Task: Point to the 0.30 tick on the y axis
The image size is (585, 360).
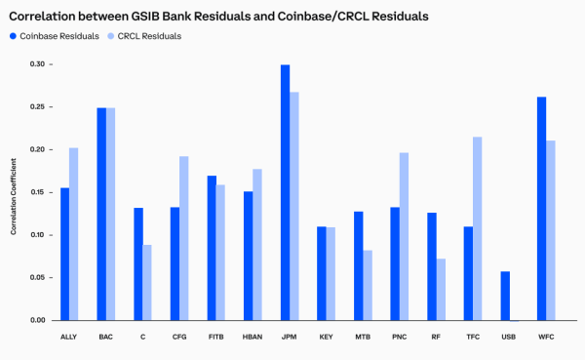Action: pos(35,64)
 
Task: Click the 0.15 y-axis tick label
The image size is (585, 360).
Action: pos(35,192)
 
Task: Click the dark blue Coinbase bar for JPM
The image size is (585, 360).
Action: pos(285,193)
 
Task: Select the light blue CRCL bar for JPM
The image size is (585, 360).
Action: pos(294,207)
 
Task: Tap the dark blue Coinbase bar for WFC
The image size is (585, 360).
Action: pos(541,209)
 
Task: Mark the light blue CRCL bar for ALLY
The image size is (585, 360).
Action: pos(74,234)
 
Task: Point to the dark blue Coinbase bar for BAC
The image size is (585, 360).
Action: pos(101,215)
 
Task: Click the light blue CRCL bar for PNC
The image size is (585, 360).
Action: pos(405,237)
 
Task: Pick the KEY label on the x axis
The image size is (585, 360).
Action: pos(327,337)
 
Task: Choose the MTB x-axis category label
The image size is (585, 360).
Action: pos(363,337)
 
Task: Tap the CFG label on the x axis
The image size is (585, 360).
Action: pos(179,337)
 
